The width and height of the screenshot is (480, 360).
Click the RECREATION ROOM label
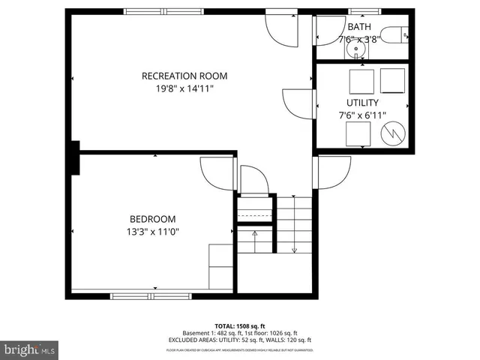184,76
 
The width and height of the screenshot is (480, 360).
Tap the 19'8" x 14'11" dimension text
184,88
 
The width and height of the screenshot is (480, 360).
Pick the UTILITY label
362,102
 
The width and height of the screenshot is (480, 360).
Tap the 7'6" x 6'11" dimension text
362,115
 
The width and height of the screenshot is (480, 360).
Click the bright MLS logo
29,349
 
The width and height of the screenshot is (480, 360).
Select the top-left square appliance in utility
363,79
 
